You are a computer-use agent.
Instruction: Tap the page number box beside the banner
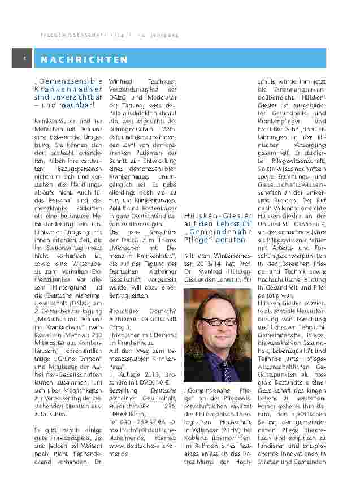tap(22, 58)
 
